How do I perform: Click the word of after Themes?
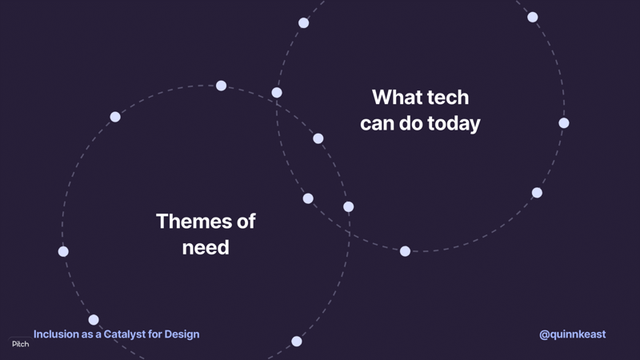coord(246,222)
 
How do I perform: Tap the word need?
coord(206,247)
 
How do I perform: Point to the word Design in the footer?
coord(182,334)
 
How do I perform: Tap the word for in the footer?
coord(154,334)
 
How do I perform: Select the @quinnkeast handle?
coord(572,334)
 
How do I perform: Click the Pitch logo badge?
coord(21,344)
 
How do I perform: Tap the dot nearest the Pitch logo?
coord(94,319)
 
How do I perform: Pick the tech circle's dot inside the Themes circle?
coord(308,198)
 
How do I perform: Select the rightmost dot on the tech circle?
coord(564,123)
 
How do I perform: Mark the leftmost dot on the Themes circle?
coord(63,251)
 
